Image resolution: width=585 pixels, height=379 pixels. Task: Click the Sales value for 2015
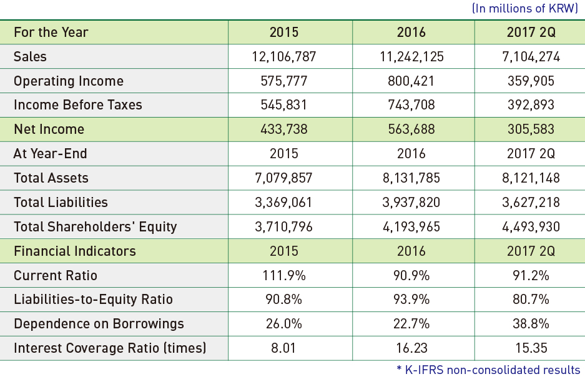284,57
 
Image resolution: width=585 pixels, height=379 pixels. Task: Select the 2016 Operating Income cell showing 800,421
411,81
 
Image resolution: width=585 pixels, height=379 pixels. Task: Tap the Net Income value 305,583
531,129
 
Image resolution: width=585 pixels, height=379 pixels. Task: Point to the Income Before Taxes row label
77,105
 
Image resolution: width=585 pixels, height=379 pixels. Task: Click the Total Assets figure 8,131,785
411,178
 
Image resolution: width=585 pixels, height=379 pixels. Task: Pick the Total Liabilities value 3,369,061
283,202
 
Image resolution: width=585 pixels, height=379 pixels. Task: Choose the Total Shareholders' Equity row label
95,227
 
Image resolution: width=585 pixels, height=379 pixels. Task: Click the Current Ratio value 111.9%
284,275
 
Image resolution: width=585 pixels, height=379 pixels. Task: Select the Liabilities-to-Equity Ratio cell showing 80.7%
531,300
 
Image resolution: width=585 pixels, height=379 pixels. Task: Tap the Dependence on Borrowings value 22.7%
411,324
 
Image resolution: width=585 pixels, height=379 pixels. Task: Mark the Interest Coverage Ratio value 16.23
411,348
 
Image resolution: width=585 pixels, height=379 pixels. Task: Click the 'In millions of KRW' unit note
525,8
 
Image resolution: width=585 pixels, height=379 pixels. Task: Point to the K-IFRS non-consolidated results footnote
488,370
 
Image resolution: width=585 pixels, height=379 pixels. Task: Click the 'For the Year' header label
51,32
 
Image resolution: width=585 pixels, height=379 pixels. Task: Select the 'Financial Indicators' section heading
75,251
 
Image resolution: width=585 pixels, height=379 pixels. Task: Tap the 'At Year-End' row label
50,154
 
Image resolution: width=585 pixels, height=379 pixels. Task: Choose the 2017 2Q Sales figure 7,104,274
531,57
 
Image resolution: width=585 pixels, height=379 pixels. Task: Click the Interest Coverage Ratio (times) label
110,348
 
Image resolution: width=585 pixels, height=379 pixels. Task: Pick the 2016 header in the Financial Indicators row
411,251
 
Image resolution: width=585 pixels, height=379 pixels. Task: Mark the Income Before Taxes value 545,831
283,105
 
